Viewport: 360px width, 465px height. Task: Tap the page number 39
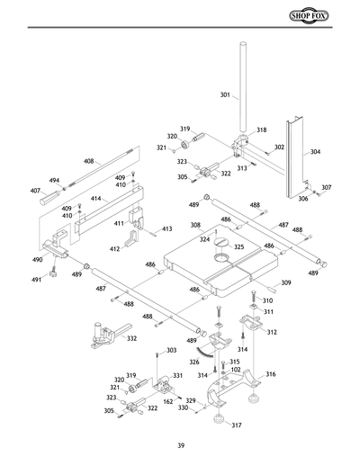pyautogui.click(x=180, y=446)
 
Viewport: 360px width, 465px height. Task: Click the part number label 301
pyautogui.click(x=224, y=94)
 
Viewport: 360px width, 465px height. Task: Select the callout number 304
pyautogui.click(x=315, y=152)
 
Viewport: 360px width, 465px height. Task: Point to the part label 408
pyautogui.click(x=89, y=161)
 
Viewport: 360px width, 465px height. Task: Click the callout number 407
pyautogui.click(x=36, y=190)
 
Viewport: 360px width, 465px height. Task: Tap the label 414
pyautogui.click(x=94, y=196)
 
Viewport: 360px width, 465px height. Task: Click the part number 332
pyautogui.click(x=131, y=338)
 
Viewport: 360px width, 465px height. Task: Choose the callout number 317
pyautogui.click(x=237, y=426)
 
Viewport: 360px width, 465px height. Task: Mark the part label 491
pyautogui.click(x=39, y=280)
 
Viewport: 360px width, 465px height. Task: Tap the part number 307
pyautogui.click(x=327, y=188)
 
